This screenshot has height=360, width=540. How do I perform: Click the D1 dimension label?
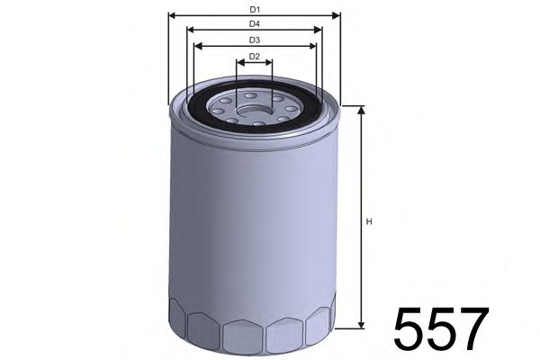(255, 8)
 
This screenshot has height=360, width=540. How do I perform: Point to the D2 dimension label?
(255, 57)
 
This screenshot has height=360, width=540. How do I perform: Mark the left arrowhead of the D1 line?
(172, 15)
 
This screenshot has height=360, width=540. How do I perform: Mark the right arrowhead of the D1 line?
(339, 15)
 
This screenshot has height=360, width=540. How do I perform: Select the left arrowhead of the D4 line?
(191, 30)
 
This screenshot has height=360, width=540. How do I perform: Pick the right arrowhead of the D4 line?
(319, 30)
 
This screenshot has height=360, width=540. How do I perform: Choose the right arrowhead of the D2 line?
(269, 64)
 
